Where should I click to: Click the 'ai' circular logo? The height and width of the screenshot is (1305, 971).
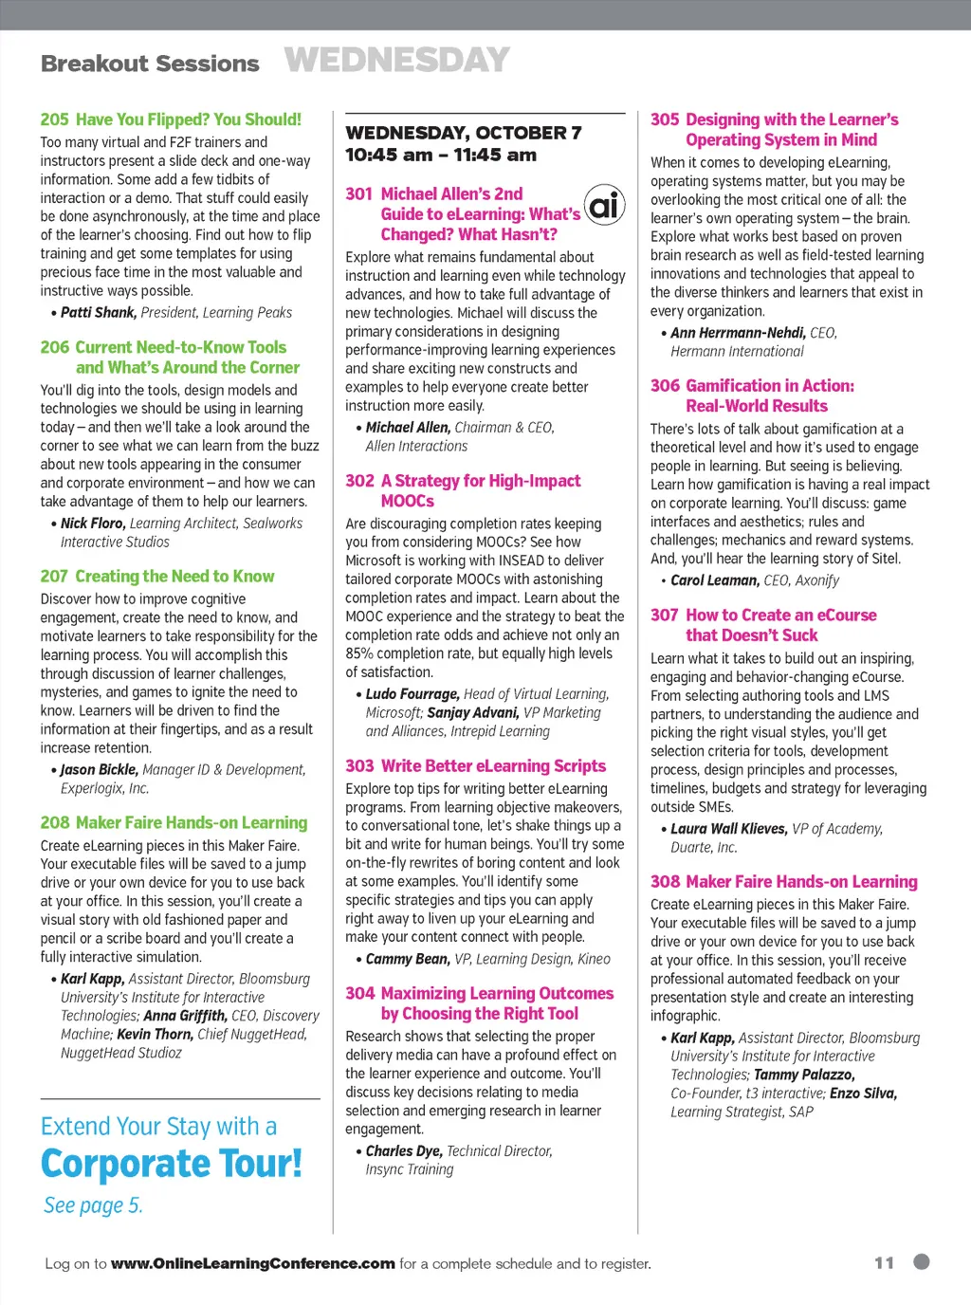[x=605, y=204]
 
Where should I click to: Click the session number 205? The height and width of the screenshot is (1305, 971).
[x=54, y=119]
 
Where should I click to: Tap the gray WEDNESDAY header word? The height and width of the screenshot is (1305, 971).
[x=396, y=61]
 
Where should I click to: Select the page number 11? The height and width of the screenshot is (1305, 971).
[x=884, y=1263]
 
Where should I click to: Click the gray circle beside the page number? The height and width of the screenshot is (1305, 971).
[x=921, y=1261]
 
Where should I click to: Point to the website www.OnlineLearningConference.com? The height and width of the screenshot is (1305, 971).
[x=252, y=1263]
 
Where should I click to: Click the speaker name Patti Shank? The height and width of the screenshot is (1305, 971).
[x=99, y=313]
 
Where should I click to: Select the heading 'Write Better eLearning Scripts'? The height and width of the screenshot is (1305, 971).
[x=493, y=766]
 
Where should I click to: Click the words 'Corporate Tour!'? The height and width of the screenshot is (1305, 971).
[x=172, y=1164]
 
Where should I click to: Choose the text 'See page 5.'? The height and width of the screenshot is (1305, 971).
[x=93, y=1205]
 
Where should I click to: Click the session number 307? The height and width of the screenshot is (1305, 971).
[x=664, y=616]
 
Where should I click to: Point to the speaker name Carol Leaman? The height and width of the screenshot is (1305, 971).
[x=714, y=580]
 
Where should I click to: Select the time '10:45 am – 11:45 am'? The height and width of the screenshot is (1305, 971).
[x=441, y=155]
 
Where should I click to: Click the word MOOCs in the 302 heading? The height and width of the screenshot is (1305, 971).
[x=408, y=502]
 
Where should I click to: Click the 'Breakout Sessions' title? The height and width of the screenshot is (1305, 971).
[x=150, y=64]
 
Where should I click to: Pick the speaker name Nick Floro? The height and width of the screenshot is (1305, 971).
[x=92, y=524]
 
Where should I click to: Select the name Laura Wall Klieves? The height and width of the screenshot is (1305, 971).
[x=728, y=829]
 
